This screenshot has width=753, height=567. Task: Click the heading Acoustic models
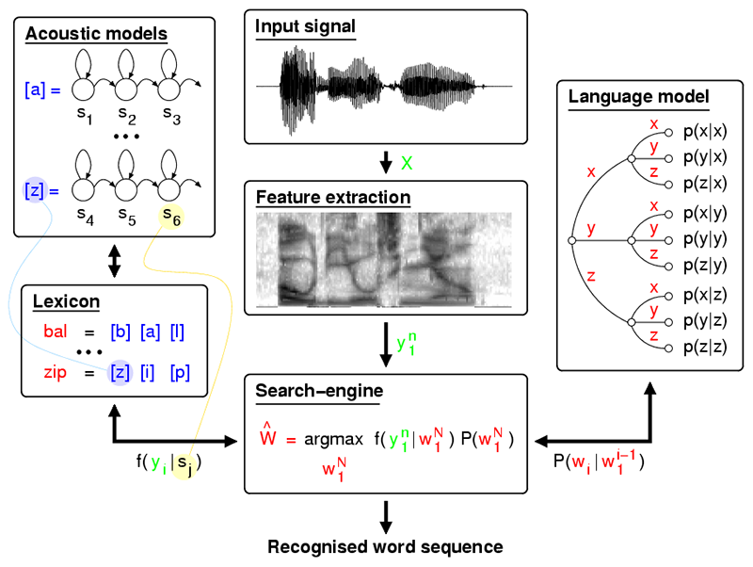[x=96, y=34]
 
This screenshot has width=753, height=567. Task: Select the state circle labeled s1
[x=83, y=89]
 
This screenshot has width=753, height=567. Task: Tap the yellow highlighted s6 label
[x=171, y=217]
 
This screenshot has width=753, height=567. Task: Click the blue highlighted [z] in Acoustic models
[x=35, y=190]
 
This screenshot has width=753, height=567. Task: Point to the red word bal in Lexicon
[x=56, y=332]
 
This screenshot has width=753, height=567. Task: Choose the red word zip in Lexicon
[x=56, y=372]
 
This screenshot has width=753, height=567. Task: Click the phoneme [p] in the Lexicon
[x=180, y=372]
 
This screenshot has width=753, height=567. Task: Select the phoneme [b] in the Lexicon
[x=120, y=332]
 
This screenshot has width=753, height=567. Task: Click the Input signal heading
[x=305, y=26]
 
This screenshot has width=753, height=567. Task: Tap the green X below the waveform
[x=407, y=163]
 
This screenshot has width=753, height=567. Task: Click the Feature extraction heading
[x=333, y=197]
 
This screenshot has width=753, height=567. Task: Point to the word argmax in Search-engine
[x=334, y=440]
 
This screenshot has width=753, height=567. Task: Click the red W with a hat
[x=268, y=435]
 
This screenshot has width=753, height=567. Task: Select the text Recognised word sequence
[x=385, y=547]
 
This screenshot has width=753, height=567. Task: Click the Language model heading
[x=639, y=97]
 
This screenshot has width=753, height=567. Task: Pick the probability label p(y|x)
[x=705, y=157]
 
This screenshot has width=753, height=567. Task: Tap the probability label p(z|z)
[x=705, y=347]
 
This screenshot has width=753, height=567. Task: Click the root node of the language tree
[x=572, y=240]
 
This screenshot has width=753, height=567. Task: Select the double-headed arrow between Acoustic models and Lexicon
[x=114, y=262]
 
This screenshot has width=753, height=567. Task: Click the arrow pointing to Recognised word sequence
[x=386, y=517]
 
